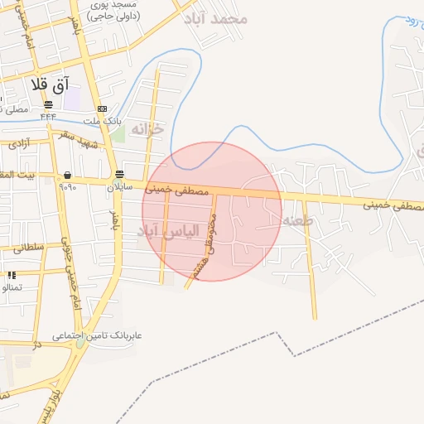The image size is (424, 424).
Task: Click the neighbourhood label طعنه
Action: pos(296,220)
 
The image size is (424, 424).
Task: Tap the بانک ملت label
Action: pos(105,121)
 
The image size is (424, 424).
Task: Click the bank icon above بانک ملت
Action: pos(102,108)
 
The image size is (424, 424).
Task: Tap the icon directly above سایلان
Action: pos(121,175)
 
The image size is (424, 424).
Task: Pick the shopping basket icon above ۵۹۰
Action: pos(65,176)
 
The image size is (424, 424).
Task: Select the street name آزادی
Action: pos(18,143)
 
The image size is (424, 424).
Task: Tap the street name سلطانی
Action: pos(27,247)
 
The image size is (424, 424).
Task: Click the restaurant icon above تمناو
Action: pos(12,275)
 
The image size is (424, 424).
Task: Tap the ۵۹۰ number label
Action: pos(67,187)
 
